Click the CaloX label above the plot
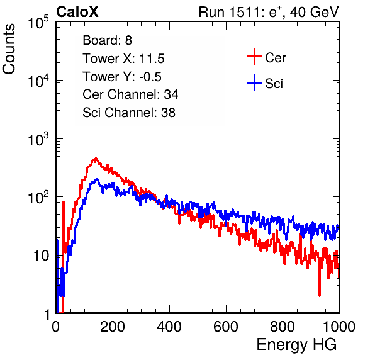[x=77, y=12]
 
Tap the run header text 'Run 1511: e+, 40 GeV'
[x=269, y=12]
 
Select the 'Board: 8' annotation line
[x=107, y=40]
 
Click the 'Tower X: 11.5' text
[x=123, y=59]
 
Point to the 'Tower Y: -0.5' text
[x=122, y=77]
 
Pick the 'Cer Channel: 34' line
[x=130, y=94]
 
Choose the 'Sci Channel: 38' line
[x=129, y=113]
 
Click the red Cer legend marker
[x=254, y=57]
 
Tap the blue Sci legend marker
[x=254, y=83]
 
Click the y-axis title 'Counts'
[x=9, y=49]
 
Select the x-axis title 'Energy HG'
[x=296, y=345]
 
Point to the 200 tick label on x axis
[x=113, y=327]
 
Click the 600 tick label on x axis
[x=226, y=327]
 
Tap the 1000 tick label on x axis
[x=339, y=327]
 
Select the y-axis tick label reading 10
[x=41, y=256]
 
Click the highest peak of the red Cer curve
[x=96, y=158]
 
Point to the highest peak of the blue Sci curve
[x=97, y=179]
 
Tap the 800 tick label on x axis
[x=283, y=327]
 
